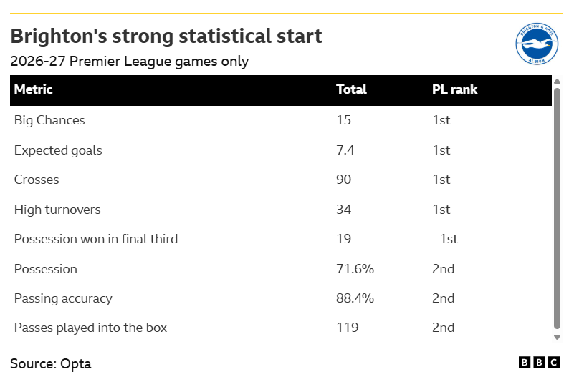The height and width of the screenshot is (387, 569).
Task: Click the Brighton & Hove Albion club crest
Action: coord(537,44)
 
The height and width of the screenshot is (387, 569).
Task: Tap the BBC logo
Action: coord(539,363)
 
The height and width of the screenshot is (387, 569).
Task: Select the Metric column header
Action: coord(34,89)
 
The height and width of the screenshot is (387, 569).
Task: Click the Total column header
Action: coord(351,89)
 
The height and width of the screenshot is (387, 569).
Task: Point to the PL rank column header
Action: coord(454,89)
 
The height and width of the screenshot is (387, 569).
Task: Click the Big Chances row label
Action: coord(49,120)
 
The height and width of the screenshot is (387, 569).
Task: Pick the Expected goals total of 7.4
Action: coord(345,150)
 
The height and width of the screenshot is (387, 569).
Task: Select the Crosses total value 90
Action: coord(344,180)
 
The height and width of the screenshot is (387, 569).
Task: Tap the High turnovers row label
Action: coord(57,210)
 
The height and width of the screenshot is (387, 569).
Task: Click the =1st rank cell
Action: coord(445,239)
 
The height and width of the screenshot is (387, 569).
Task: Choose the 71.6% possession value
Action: coord(355,269)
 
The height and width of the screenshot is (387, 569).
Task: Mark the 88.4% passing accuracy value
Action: coord(355,298)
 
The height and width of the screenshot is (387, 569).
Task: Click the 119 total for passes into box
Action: coord(348,328)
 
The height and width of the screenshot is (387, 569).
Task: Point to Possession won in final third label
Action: coord(96,239)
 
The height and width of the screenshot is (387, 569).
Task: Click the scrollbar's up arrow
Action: coord(558,81)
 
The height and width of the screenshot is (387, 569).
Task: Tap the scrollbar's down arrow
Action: coord(558,338)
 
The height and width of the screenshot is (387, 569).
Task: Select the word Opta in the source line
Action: coord(75,364)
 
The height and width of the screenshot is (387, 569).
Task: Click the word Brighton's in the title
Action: coord(59,36)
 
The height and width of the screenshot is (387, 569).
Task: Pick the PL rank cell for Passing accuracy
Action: coord(443,298)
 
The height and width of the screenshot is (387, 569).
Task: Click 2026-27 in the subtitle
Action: coord(38,62)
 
